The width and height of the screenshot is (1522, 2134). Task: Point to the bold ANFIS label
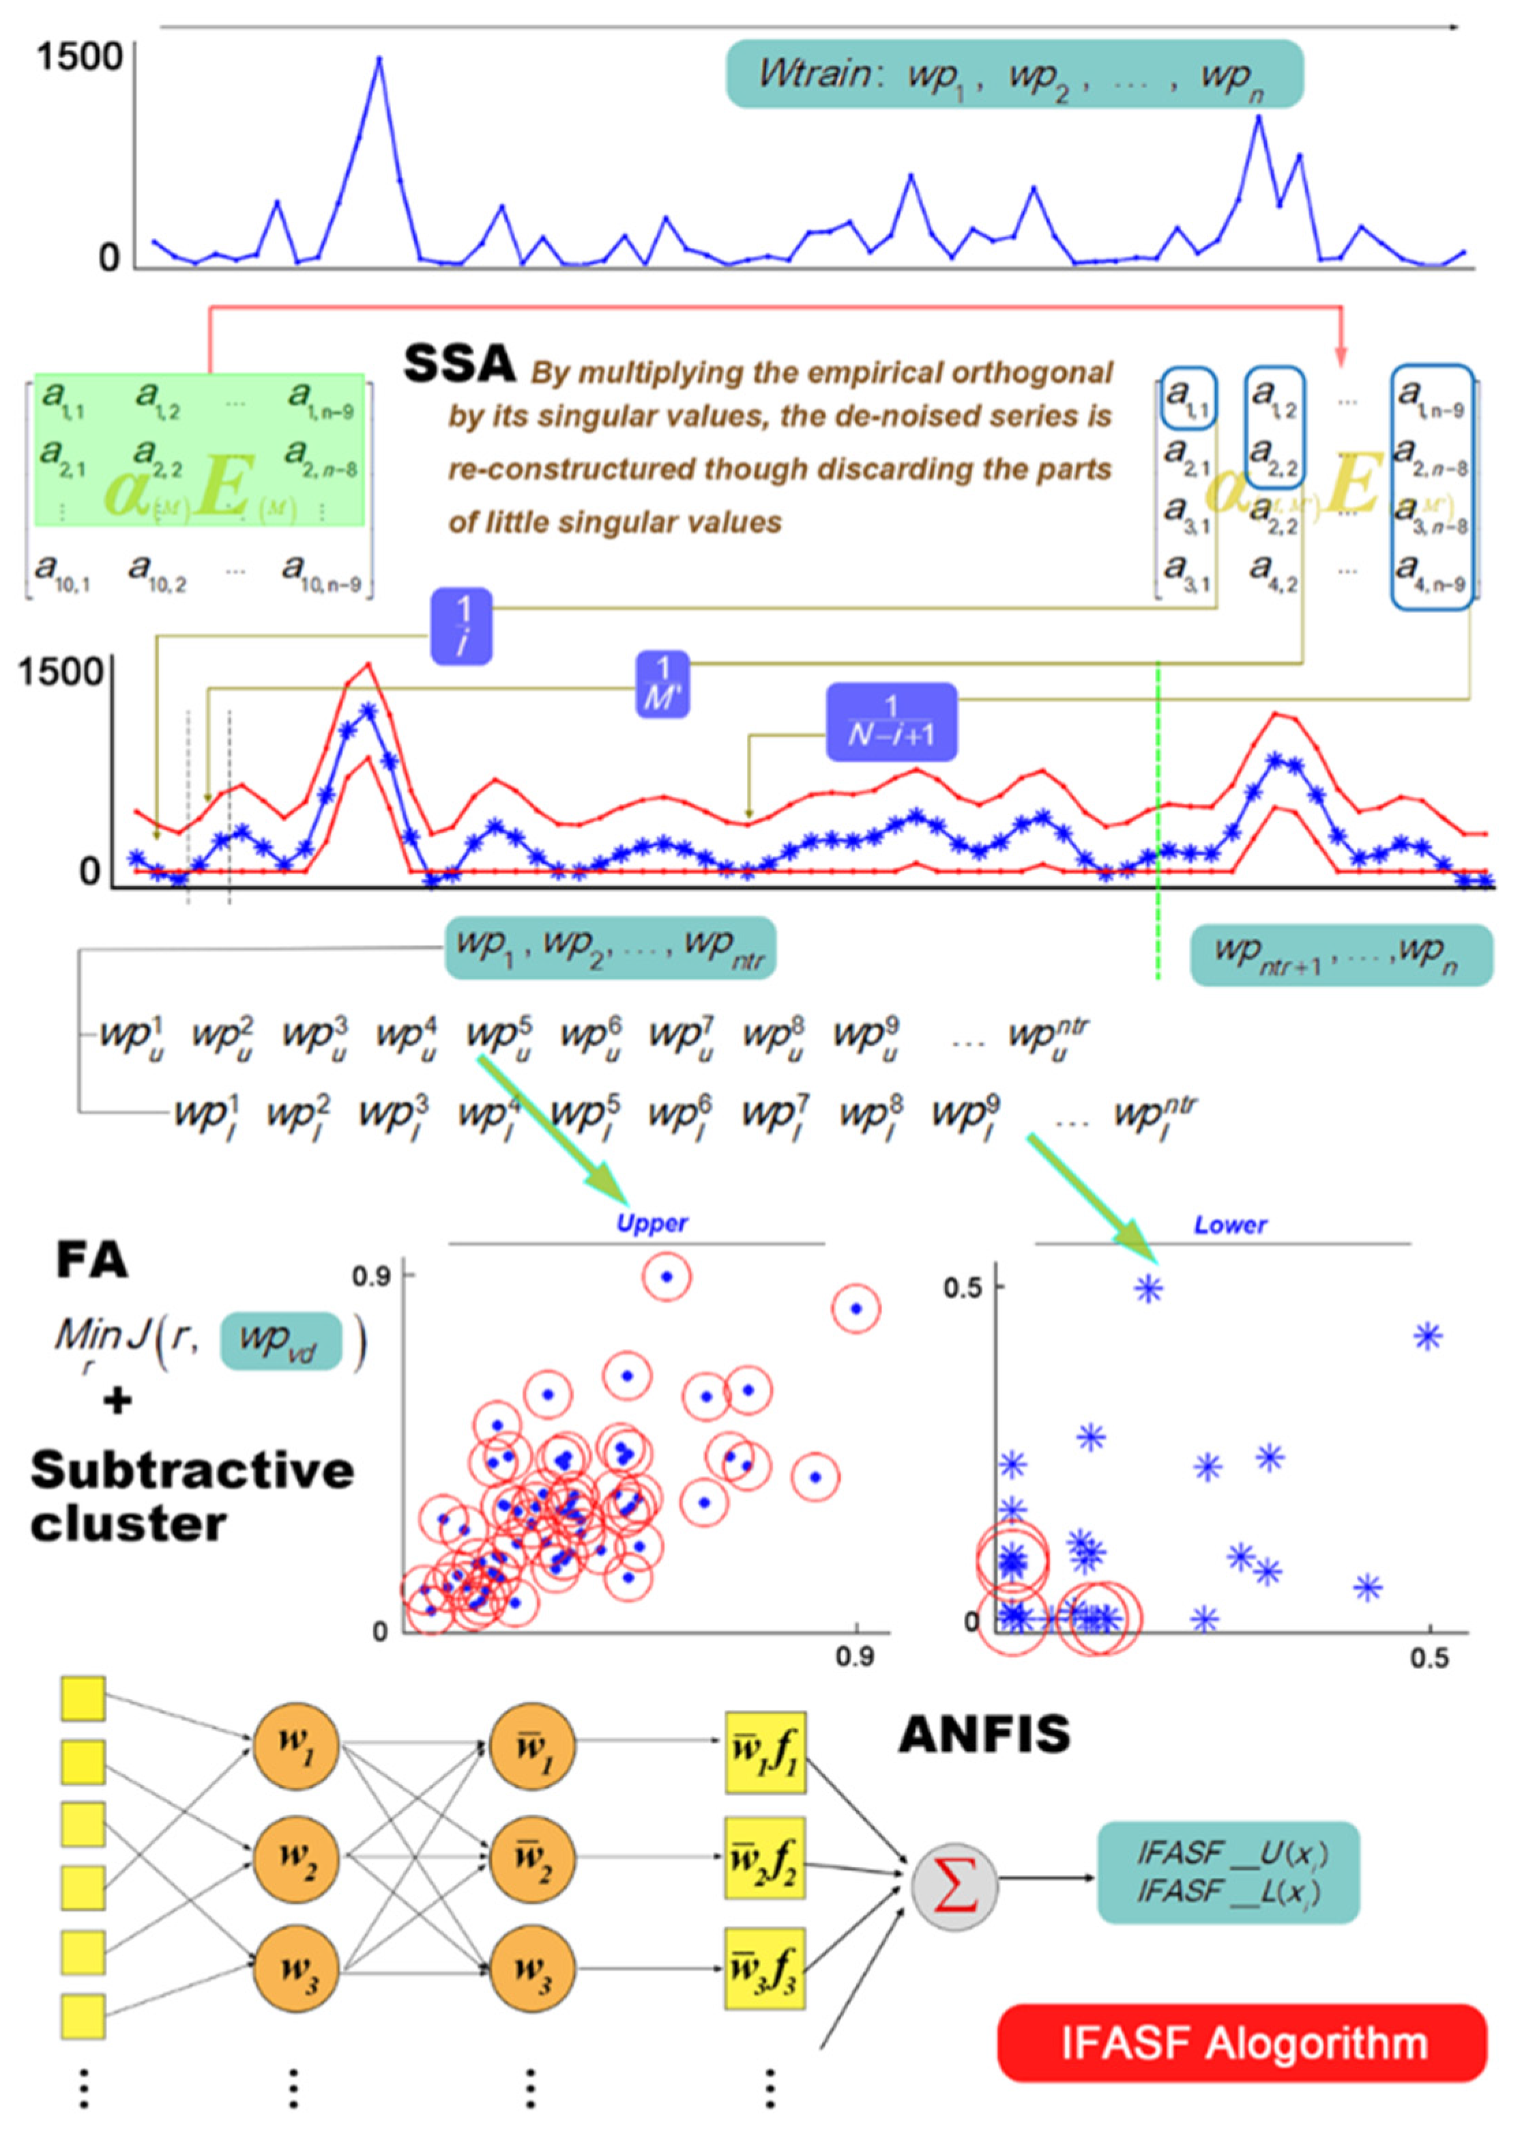[x=984, y=1735]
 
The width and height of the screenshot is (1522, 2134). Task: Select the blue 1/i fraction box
[x=461, y=626]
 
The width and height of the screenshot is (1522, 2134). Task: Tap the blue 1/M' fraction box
[x=662, y=685]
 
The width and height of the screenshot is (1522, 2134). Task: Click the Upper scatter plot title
[x=652, y=1223]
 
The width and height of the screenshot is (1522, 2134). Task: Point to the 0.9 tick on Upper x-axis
[x=855, y=1657]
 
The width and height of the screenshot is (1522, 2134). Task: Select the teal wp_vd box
[x=280, y=1341]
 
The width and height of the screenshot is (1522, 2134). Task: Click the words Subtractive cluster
[x=192, y=1496]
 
